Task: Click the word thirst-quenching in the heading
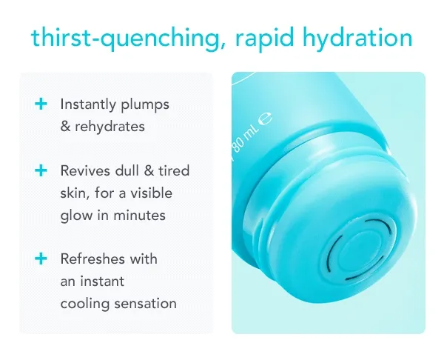click(x=128, y=39)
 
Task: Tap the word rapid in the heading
click(x=264, y=39)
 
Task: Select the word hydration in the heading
click(x=357, y=39)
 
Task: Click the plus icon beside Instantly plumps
click(x=41, y=104)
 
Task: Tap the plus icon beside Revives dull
click(x=41, y=170)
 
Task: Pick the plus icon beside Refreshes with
click(x=41, y=259)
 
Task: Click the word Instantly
click(x=88, y=104)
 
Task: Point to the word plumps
click(x=145, y=105)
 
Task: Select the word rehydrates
click(x=110, y=127)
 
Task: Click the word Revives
click(x=85, y=170)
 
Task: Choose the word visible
click(x=151, y=193)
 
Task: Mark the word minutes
click(x=139, y=215)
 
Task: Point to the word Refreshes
click(x=92, y=259)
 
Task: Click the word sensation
click(x=145, y=304)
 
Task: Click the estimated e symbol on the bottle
click(x=266, y=119)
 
